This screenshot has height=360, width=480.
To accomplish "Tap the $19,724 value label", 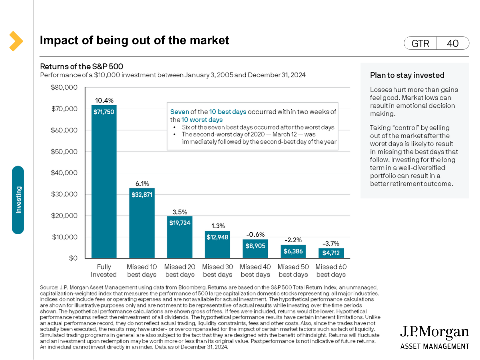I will tap(179, 222).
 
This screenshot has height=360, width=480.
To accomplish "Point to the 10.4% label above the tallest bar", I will tap(104, 100).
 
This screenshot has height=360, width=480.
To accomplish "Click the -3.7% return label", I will tap(331, 242).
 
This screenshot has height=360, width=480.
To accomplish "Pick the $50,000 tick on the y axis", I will tap(65, 151).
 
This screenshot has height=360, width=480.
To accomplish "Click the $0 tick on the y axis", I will tap(72, 258).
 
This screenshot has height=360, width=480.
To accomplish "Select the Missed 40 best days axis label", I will tap(255, 271).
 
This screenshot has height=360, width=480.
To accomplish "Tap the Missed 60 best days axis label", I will tap(330, 271).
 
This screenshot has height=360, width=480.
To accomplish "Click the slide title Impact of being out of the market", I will tap(134, 41).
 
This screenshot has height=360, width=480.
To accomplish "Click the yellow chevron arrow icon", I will tap(16, 41).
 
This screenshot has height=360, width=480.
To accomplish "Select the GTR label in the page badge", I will tap(420, 44).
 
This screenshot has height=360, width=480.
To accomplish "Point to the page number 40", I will tap(452, 44).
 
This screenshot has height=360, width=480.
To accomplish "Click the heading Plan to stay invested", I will tap(407, 75).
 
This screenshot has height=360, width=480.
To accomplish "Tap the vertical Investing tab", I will tap(18, 200).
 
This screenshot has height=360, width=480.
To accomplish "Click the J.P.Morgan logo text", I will tap(435, 333).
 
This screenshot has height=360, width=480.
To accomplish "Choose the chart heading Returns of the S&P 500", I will tap(81, 66).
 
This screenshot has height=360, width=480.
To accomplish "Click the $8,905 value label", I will tap(255, 245).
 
